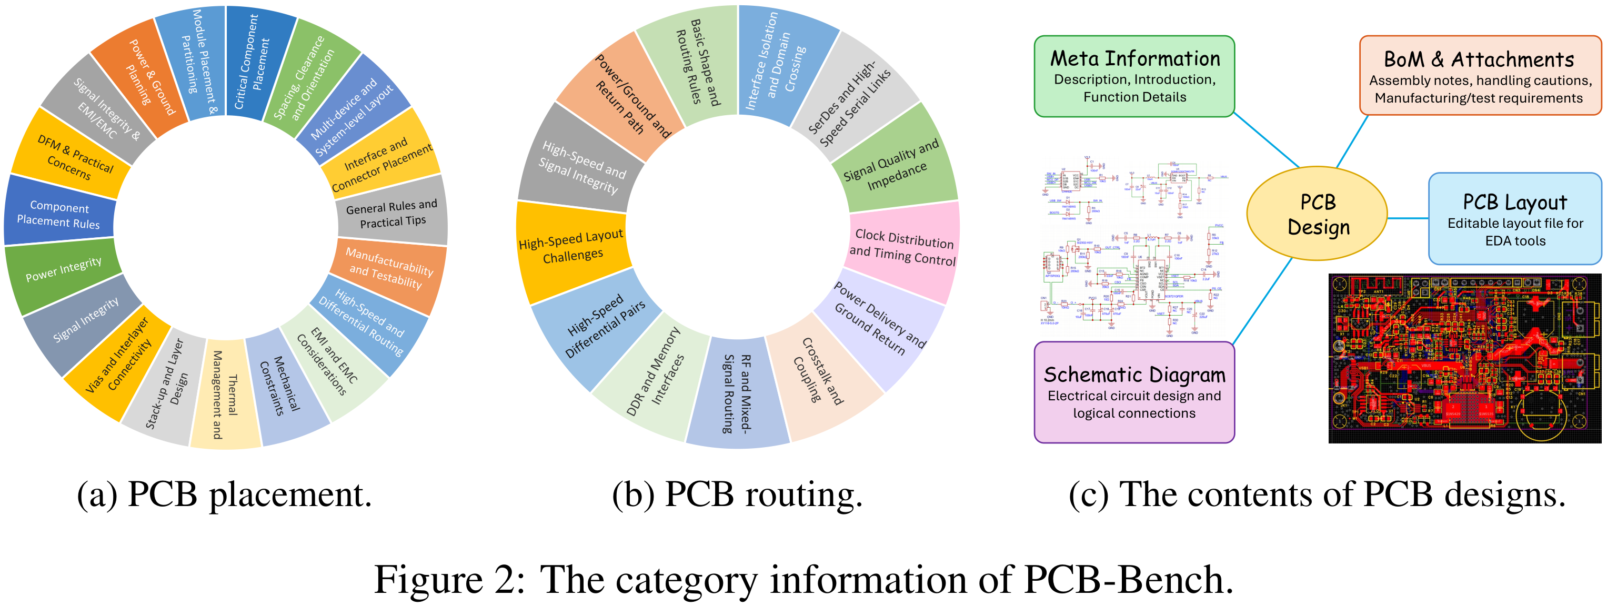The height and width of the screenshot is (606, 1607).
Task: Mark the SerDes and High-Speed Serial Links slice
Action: (x=851, y=100)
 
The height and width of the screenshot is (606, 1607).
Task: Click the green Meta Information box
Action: (x=1133, y=77)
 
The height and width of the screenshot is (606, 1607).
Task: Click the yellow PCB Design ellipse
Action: (x=1317, y=214)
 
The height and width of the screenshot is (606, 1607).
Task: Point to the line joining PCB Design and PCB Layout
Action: (x=1408, y=218)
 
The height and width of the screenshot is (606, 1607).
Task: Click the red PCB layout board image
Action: (x=1463, y=358)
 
